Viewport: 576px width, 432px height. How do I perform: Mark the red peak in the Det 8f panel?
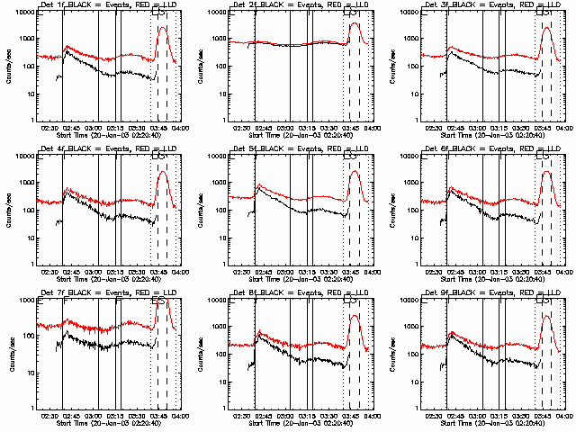355,316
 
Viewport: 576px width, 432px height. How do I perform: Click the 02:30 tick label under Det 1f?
49,128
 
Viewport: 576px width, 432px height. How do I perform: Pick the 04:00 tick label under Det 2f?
371,128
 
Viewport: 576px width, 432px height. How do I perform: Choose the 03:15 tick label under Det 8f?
308,416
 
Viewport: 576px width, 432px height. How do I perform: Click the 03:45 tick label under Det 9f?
543,416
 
